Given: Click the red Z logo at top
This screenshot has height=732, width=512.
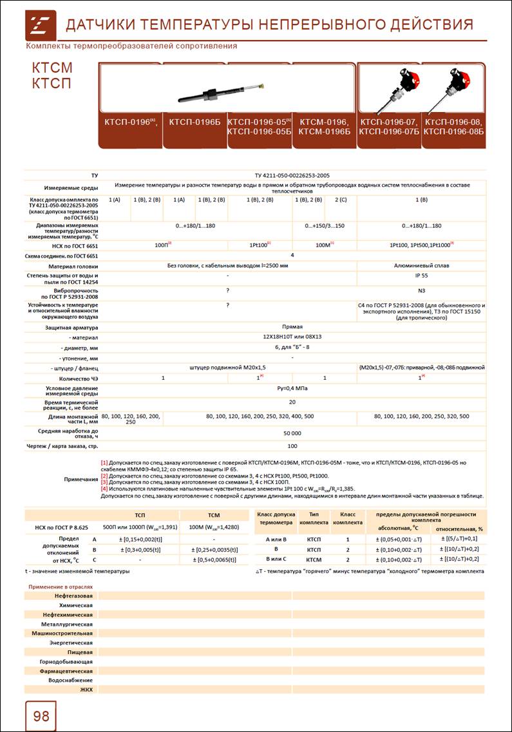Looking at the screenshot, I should click(x=41, y=24).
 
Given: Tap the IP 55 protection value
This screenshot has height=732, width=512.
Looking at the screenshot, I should click(x=421, y=275).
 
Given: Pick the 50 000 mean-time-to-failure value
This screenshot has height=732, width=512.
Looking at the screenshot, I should click(x=292, y=434).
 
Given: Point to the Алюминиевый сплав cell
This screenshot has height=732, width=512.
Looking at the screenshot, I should click(x=421, y=265).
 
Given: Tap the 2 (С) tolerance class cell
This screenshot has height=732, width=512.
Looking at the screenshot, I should click(x=341, y=200).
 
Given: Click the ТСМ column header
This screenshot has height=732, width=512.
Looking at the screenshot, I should click(x=214, y=515).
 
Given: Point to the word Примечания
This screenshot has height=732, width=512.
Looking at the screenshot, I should click(x=81, y=479).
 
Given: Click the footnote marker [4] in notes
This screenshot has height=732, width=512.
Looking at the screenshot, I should click(x=104, y=488).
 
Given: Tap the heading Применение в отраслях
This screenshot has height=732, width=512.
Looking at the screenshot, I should click(x=61, y=587).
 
